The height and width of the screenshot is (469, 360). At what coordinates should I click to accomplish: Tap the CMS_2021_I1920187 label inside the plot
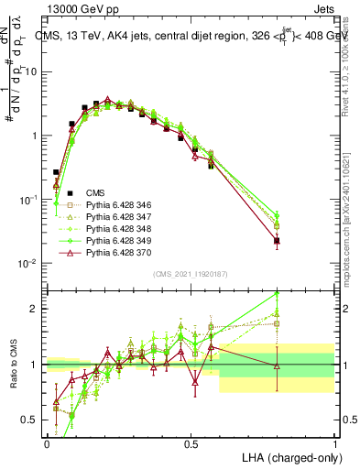tap(191, 274)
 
